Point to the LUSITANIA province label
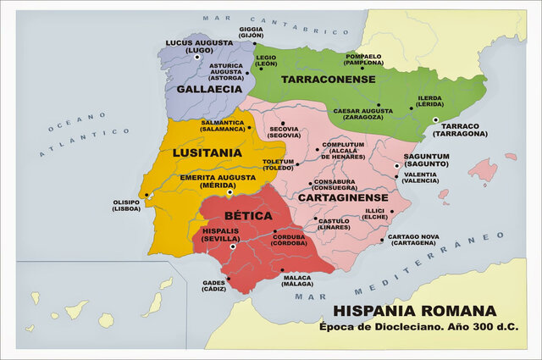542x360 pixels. coord(207,152)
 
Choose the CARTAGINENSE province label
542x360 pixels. coord(342,197)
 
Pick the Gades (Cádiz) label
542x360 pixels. coord(215,286)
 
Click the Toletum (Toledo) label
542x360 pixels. coord(278,164)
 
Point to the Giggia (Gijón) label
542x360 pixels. coord(251,33)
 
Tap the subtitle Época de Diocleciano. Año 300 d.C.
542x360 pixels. coord(418,327)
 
